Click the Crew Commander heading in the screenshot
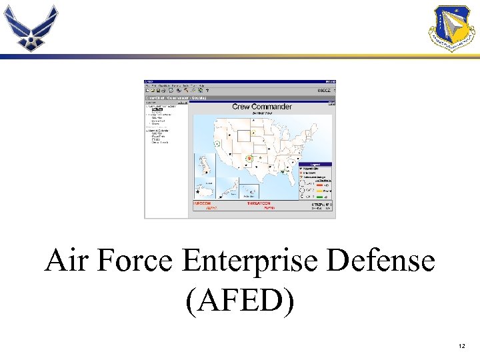point(262,107)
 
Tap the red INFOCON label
point(202,203)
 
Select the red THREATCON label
point(258,203)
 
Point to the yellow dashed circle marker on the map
point(253,133)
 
